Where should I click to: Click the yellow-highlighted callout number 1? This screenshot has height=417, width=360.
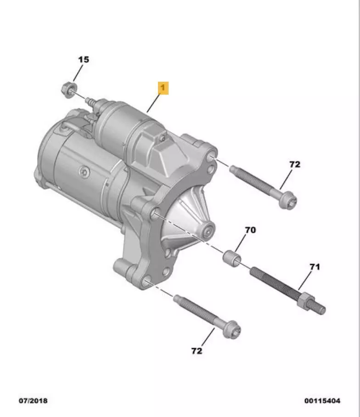click(x=163, y=88)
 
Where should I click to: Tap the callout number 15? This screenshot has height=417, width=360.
click(x=84, y=59)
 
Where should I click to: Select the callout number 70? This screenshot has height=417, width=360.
click(x=250, y=230)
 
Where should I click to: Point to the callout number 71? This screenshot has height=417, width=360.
click(x=315, y=266)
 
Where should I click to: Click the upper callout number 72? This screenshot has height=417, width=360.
click(x=295, y=164)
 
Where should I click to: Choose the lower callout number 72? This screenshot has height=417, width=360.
click(x=197, y=351)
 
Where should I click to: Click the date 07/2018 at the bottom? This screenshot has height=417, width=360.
click(x=33, y=400)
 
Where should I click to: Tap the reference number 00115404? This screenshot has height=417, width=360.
click(x=322, y=400)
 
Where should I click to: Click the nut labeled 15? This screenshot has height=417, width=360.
click(x=68, y=90)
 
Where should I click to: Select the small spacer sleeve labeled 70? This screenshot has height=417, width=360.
click(x=231, y=258)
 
